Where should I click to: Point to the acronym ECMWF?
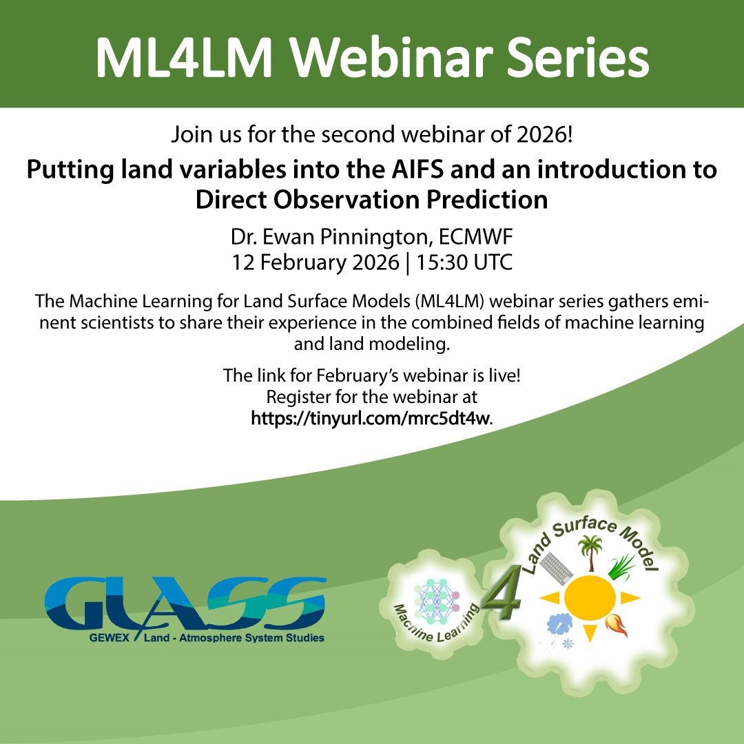click(475, 237)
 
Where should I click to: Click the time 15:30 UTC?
click(464, 262)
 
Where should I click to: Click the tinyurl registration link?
click(371, 419)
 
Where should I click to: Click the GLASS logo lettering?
click(185, 603)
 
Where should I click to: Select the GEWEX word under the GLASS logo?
click(109, 638)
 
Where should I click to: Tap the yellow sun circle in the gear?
click(590, 599)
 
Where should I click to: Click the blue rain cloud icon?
click(560, 624)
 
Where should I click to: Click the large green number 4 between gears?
click(502, 592)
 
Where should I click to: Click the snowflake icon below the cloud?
click(568, 644)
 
